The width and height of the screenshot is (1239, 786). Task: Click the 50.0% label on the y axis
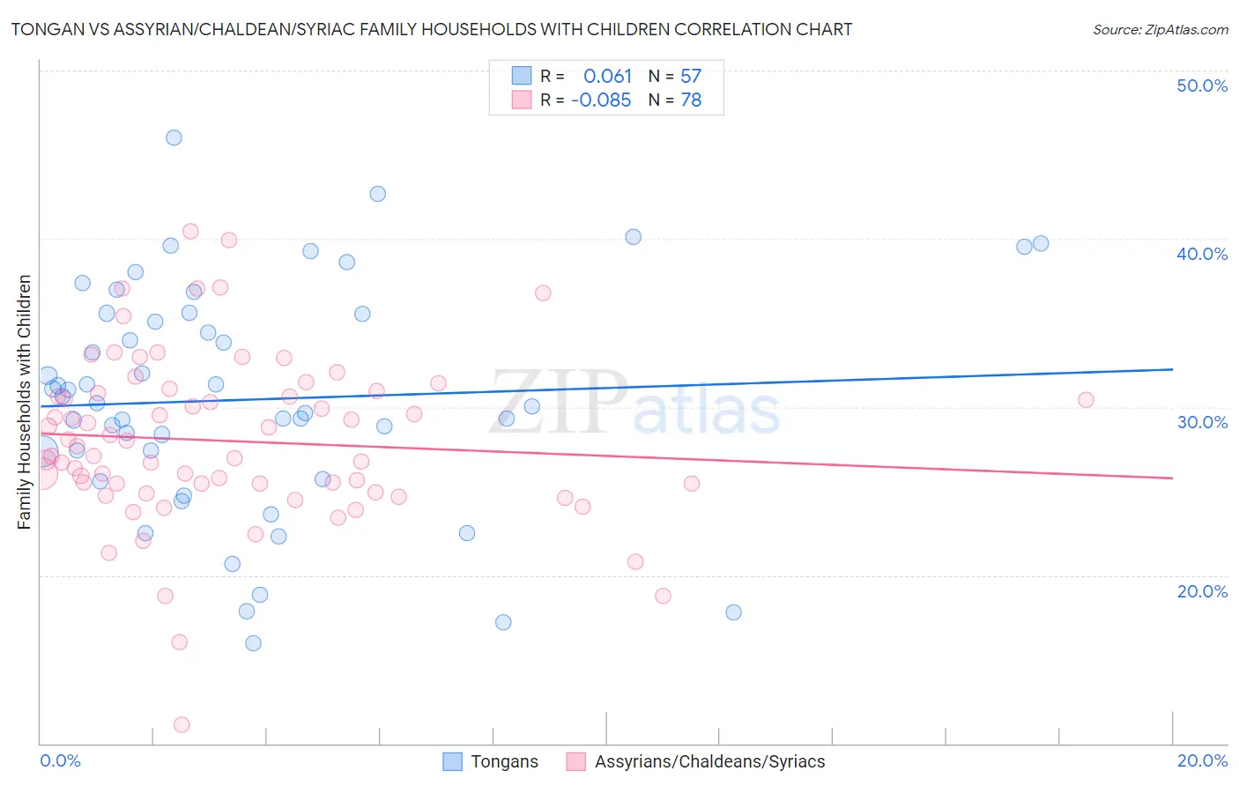pyautogui.click(x=1201, y=85)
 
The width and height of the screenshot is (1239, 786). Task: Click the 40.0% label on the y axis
pyautogui.click(x=1201, y=254)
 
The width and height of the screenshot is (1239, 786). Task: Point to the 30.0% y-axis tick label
pyautogui.click(x=1202, y=422)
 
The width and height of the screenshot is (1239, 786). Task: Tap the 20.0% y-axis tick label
pyautogui.click(x=1202, y=591)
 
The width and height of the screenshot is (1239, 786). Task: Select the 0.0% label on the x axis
pyautogui.click(x=60, y=761)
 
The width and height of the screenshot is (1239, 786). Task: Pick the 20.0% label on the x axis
pyautogui.click(x=1202, y=761)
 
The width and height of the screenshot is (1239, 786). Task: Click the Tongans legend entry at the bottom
pyautogui.click(x=503, y=762)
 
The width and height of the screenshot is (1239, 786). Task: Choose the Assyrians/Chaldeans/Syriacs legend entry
pyautogui.click(x=709, y=762)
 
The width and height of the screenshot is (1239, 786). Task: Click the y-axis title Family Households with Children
pyautogui.click(x=25, y=402)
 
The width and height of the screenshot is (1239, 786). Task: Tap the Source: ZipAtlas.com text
pyautogui.click(x=1160, y=30)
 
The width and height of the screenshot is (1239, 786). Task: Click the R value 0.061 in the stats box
pyautogui.click(x=607, y=77)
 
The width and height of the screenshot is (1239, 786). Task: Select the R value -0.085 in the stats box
pyautogui.click(x=601, y=100)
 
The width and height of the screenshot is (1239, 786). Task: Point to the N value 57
pyautogui.click(x=691, y=77)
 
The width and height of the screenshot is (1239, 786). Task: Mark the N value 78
pyautogui.click(x=691, y=100)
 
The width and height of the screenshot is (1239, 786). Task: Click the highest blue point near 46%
pyautogui.click(x=174, y=137)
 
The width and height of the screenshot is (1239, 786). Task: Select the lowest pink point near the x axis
pyautogui.click(x=182, y=724)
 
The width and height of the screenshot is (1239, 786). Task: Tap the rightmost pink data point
pyautogui.click(x=1086, y=400)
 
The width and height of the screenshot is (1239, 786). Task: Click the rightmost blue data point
pyautogui.click(x=1041, y=243)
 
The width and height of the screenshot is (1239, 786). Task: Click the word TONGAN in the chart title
pyautogui.click(x=43, y=30)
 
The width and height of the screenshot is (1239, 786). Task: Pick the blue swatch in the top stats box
pyautogui.click(x=522, y=76)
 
